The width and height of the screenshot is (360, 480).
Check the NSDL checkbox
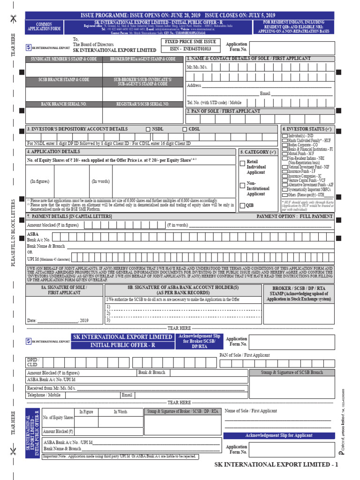[x=149, y=129]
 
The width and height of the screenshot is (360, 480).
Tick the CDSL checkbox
[x=184, y=129]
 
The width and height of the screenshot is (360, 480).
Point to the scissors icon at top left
[x=13, y=18]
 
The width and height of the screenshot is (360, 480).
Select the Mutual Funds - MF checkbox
[x=285, y=153]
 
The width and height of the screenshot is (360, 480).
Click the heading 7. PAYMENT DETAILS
[x=69, y=217]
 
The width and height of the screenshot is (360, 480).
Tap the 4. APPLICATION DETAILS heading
[x=53, y=152]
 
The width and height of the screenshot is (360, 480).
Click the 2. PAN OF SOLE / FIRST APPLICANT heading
[x=224, y=112]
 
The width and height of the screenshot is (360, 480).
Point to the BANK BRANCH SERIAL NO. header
[x=64, y=104]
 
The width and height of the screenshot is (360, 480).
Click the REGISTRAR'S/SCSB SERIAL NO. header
[x=143, y=104]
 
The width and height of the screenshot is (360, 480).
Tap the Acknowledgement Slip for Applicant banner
[x=279, y=435]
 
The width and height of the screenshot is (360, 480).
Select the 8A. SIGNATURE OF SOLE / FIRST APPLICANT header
[x=64, y=290]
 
